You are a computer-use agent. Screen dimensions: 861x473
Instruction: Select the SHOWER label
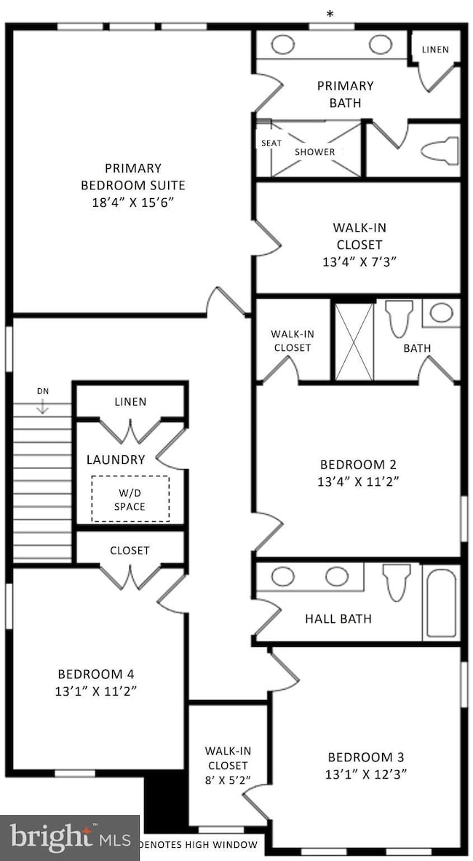coord(315,152)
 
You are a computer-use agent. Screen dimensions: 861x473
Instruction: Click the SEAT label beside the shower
coord(271,143)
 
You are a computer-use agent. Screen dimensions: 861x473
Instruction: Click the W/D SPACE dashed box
coord(130,499)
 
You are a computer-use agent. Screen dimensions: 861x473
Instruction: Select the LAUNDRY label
coord(116,460)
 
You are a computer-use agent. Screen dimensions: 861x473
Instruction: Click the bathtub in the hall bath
coord(440,602)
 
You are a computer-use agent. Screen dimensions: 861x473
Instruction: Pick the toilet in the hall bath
coord(397,583)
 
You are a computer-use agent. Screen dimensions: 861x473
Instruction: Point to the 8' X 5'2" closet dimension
coord(226,780)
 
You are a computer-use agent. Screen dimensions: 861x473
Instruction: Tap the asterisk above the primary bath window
coord(331,14)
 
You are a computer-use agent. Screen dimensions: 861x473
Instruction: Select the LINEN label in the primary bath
coord(435,50)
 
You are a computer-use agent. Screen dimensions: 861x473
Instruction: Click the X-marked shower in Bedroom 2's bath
coord(353,341)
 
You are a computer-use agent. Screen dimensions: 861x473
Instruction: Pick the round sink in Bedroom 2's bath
coord(441,313)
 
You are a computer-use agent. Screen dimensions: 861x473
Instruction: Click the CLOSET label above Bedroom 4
coord(130,550)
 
